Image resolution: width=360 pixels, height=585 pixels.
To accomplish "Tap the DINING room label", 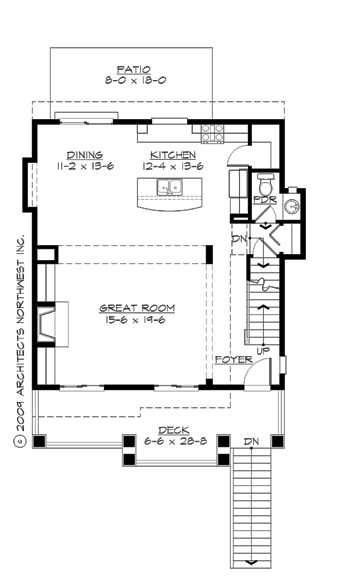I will coord(85,155).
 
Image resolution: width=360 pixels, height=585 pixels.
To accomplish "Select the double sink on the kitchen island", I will coord(168,187).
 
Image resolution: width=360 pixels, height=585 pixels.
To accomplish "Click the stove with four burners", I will coord(213,129).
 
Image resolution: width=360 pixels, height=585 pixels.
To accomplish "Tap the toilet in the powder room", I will coord(265,185).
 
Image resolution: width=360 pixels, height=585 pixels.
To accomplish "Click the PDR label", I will coord(264,200).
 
